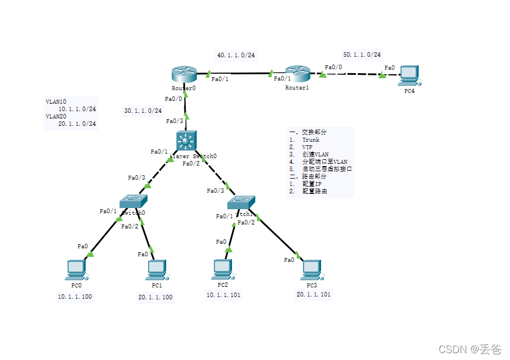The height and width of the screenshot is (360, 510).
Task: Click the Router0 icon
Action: tap(183, 74)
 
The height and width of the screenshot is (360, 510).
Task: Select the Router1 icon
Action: tap(297, 73)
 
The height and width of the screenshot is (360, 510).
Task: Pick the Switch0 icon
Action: tap(133, 201)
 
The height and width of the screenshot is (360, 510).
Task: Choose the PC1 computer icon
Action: tap(156, 269)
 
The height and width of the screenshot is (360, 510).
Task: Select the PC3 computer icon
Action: tap(311, 269)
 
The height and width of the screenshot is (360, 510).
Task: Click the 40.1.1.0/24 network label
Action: tap(236, 55)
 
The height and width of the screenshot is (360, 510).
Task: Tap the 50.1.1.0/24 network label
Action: tap(361, 54)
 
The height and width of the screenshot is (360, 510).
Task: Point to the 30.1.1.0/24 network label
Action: tap(143, 111)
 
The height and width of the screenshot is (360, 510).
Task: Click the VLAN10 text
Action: tap(56, 102)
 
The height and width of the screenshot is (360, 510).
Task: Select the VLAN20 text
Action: tap(56, 116)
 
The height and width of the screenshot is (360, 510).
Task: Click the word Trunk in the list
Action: tap(310, 139)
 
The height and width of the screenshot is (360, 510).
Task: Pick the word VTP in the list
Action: tap(307, 147)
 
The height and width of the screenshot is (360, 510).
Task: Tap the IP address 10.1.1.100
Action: tap(75, 297)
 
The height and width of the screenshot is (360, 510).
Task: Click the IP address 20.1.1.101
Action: tap(313, 294)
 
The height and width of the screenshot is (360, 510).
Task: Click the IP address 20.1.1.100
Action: tap(155, 297)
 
